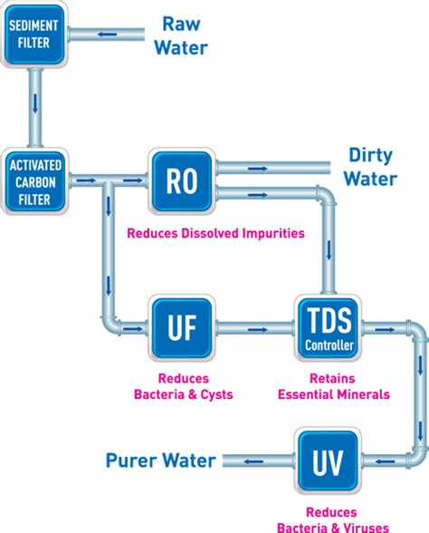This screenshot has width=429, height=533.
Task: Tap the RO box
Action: coord(182,179)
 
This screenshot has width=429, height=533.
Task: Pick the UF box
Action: coord(182,326)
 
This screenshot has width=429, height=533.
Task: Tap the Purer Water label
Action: coord(161,460)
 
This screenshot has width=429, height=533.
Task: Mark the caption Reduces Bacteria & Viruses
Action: coord(337,519)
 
